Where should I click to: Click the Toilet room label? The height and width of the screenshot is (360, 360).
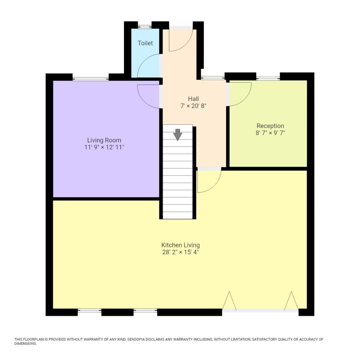coord(145,43)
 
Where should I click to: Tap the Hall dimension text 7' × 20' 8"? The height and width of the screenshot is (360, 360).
coord(193,106)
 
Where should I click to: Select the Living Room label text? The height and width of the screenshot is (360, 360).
coord(104,140)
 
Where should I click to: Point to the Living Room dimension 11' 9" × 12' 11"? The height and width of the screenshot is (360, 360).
coord(104,147)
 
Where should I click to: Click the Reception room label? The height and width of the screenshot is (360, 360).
coord(270,126)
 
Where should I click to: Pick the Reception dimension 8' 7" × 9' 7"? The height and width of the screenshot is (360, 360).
coord(270,133)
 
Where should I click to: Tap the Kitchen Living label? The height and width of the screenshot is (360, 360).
coord(180,245)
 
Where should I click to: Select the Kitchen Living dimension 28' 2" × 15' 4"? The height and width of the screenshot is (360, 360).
coord(180,252)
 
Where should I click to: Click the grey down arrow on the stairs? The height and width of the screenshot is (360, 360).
coord(178,134)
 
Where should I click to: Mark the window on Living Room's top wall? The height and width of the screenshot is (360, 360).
coord(91,79)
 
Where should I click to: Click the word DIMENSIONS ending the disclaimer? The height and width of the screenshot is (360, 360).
coord(25,344)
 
